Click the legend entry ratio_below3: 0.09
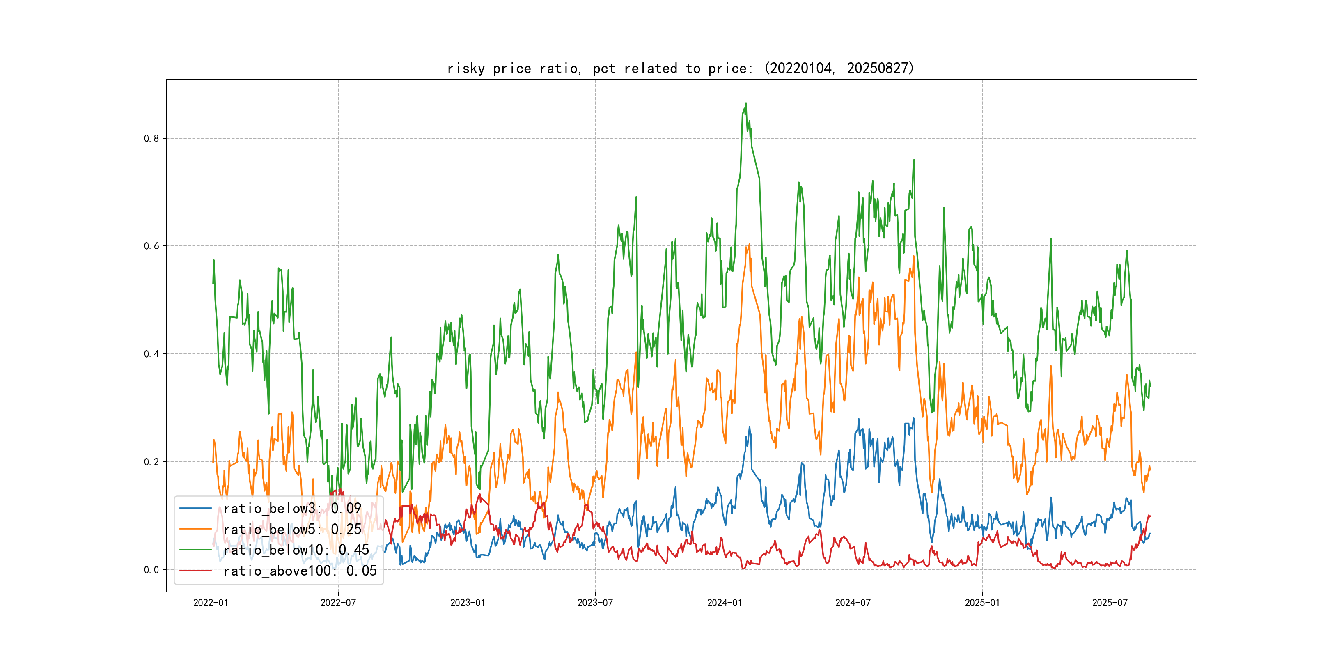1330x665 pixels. coord(292,509)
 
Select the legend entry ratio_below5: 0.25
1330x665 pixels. coord(292,529)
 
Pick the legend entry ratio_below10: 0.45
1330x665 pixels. coord(296,550)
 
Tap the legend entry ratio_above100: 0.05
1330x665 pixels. coord(300,571)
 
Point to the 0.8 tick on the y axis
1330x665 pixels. coord(151,138)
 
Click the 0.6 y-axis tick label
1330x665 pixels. coord(151,246)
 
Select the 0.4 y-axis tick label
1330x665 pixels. coord(151,354)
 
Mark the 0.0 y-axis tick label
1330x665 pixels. coord(151,570)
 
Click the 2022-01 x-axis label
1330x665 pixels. coord(211,603)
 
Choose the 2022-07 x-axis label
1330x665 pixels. coord(338,603)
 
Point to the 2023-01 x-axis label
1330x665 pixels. coord(468,603)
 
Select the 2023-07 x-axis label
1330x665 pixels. coord(595,603)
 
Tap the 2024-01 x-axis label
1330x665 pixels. coord(725,603)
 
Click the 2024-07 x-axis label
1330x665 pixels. coord(853,603)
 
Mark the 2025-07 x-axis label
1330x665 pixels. coord(1110,603)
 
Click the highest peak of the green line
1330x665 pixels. coord(745,103)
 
